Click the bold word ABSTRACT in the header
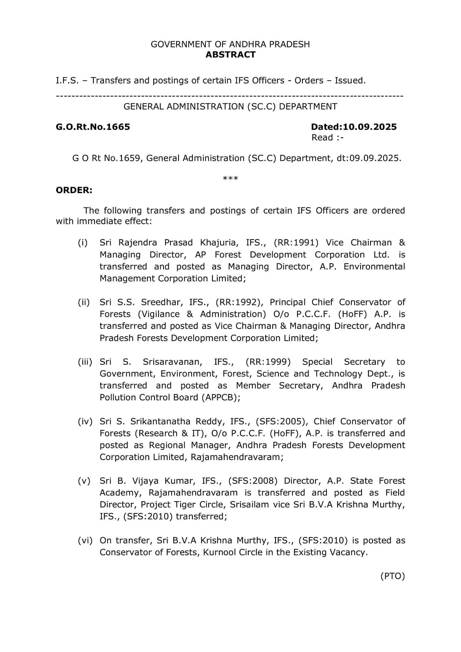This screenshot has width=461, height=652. (230, 55)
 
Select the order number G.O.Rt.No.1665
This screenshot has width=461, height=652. (93, 127)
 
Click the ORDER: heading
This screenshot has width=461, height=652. (74, 190)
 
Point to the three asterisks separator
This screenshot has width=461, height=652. (230, 178)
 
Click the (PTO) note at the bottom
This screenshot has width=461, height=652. (393, 576)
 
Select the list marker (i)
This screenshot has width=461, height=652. (83, 242)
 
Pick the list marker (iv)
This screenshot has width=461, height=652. (85, 421)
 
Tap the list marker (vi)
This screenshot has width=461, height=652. (85, 540)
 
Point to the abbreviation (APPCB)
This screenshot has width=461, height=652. (221, 397)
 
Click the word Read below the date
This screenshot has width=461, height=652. (322, 138)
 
